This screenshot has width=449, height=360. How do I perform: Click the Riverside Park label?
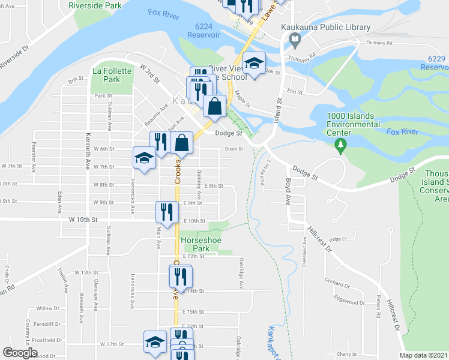pyautogui.click(x=95, y=5)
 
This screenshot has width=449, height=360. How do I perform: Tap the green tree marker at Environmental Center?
pyautogui.click(x=341, y=144)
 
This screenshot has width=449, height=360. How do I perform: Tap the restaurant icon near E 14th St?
pyautogui.click(x=180, y=276)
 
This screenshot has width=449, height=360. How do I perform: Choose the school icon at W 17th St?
pyautogui.click(x=155, y=342)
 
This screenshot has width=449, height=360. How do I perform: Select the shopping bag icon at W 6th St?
pyautogui.click(x=181, y=143)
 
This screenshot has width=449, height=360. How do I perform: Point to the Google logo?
pyautogui.click(x=20, y=353)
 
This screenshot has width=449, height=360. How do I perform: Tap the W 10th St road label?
pyautogui.click(x=83, y=220)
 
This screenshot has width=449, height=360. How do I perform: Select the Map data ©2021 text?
pyautogui.click(x=423, y=355)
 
